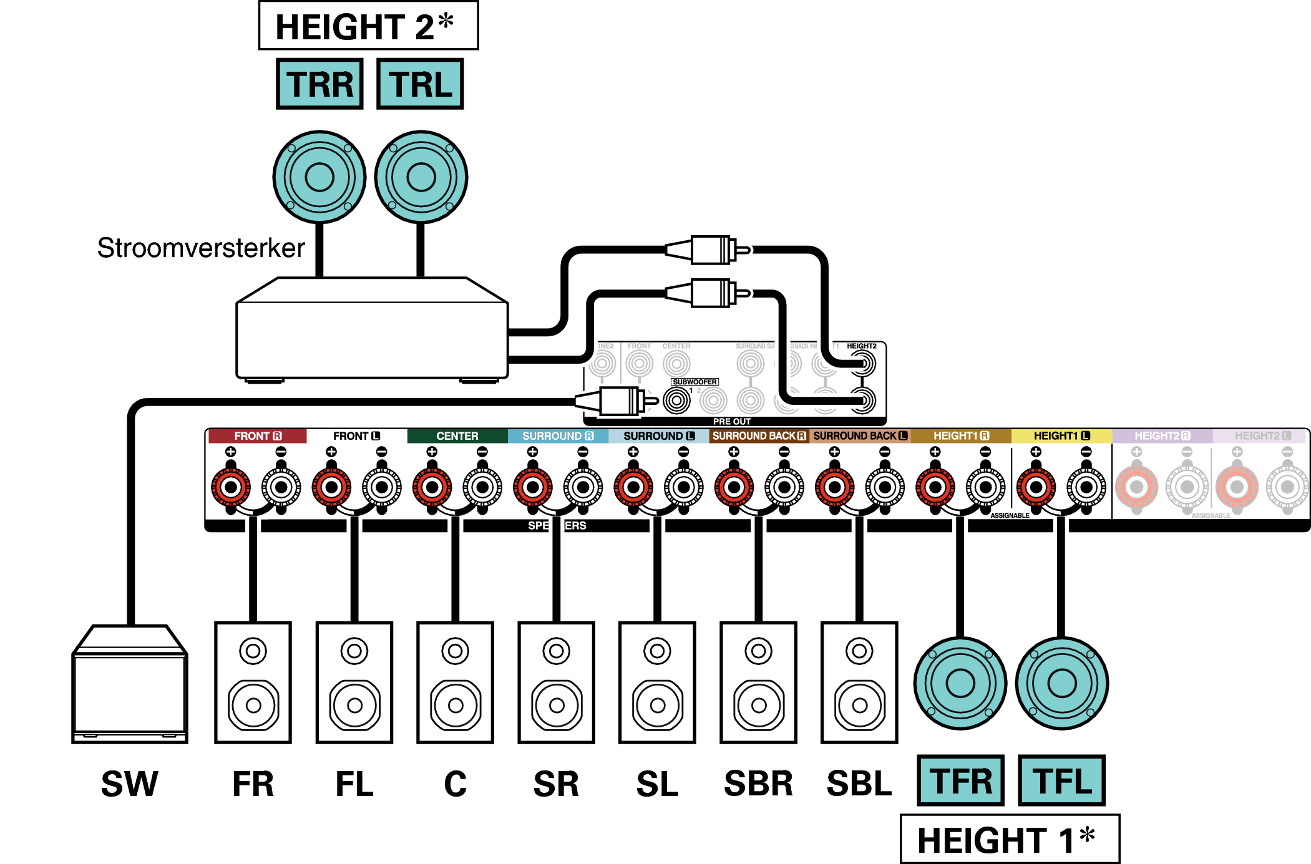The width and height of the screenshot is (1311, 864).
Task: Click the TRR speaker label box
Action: tap(319, 84)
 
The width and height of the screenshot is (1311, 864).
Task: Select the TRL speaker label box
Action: tap(420, 84)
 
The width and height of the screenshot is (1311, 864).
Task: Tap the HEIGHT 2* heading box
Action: tap(368, 26)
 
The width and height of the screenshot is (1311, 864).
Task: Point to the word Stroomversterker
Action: tap(201, 248)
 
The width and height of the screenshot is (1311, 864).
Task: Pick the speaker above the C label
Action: tap(456, 682)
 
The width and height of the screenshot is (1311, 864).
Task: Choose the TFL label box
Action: tap(1061, 780)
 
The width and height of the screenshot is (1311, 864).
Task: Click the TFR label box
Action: tap(960, 780)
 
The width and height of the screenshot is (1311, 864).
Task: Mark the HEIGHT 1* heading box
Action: tap(1010, 839)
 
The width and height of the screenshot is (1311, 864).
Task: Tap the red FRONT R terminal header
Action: tap(257, 436)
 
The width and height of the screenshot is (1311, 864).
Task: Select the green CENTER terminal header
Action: tap(457, 436)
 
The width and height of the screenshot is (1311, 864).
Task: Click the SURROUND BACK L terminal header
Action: tap(860, 436)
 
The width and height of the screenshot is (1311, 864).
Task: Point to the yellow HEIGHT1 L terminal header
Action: tap(1061, 436)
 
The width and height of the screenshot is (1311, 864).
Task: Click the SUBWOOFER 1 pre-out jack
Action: tap(676, 400)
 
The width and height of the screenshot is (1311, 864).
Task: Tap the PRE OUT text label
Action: tap(731, 422)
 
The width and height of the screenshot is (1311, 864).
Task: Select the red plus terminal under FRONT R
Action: tap(231, 487)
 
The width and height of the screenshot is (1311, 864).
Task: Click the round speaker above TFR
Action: tap(960, 683)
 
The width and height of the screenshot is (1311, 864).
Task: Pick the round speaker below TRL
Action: tap(421, 177)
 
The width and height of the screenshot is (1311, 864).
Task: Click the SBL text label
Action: tap(859, 784)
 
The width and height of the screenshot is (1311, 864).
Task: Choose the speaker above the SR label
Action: tap(557, 682)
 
